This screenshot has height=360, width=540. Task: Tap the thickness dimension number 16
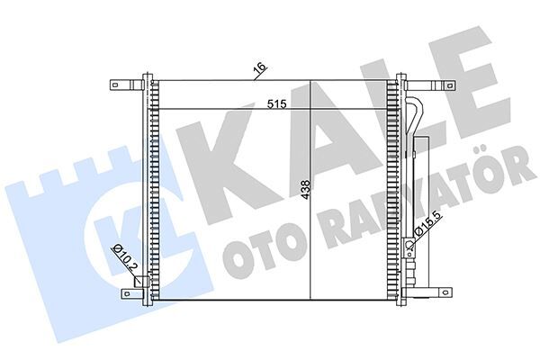point(259,68)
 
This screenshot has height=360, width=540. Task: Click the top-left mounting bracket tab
point(118,85)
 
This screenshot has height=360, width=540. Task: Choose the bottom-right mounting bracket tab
point(442,291)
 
